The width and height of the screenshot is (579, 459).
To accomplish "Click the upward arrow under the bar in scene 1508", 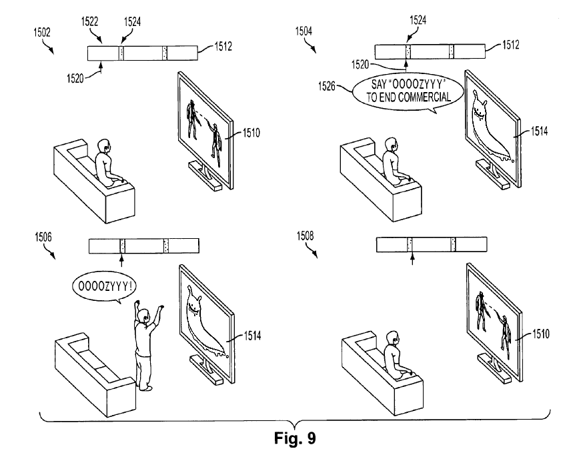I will pyautogui.click(x=412, y=259).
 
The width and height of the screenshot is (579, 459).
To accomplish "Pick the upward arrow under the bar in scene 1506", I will pyautogui.click(x=121, y=259).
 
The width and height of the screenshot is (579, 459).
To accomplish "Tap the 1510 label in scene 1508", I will pyautogui.click(x=540, y=334).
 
